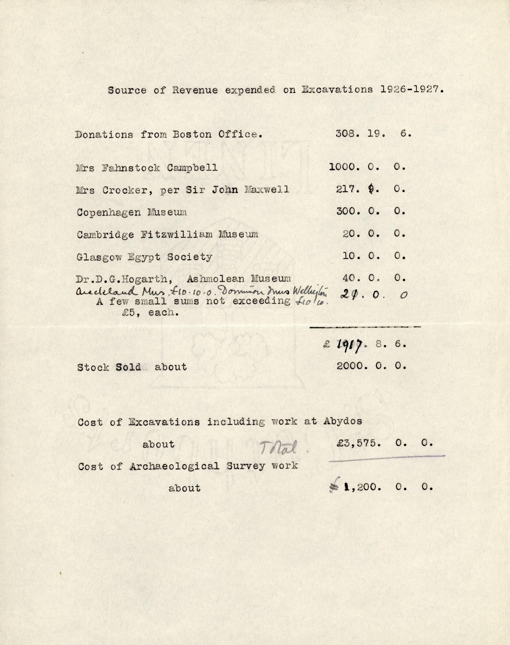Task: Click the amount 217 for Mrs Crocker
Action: pyautogui.click(x=347, y=189)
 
